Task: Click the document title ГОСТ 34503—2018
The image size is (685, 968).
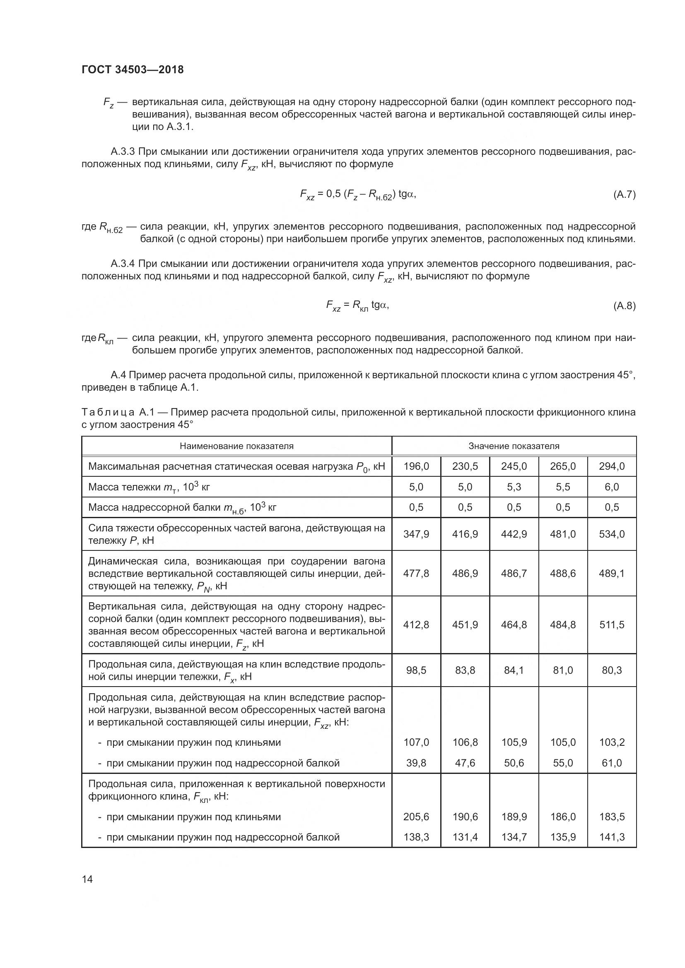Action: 133,70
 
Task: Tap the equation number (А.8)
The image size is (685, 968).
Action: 624,306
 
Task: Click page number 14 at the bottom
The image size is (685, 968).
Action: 87,879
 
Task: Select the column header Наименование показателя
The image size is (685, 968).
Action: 236,446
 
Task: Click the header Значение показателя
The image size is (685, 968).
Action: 514,446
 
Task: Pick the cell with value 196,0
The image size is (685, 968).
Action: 416,466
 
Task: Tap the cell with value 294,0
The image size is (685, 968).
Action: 612,466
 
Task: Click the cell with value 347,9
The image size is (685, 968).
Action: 416,534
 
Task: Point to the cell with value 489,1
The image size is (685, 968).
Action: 612,573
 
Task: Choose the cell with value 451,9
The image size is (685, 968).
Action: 465,625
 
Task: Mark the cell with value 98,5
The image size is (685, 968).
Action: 416,670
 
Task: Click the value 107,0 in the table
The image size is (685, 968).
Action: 416,742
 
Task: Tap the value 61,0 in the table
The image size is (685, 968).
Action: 612,763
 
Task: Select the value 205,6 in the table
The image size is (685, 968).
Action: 416,817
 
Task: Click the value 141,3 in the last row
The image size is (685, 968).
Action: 612,837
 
